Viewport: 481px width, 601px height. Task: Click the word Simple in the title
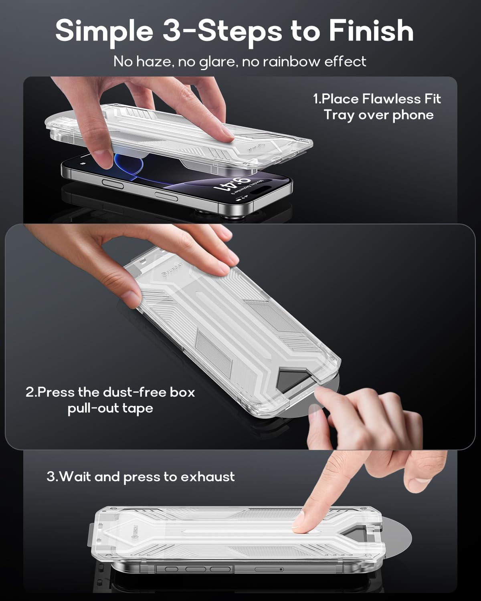click(105, 31)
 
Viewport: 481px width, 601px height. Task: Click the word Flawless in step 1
click(387, 99)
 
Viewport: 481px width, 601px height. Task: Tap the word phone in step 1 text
click(413, 115)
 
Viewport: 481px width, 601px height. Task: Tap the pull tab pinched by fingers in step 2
click(321, 405)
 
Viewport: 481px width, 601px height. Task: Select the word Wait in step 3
click(76, 477)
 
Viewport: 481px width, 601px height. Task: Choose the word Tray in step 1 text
click(339, 115)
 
